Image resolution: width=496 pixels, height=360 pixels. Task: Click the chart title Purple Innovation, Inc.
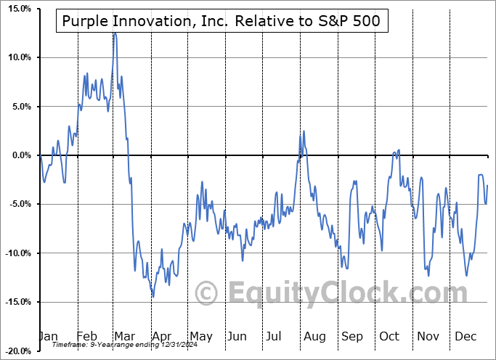pyautogui.click(x=222, y=22)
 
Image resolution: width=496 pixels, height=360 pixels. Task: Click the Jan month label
pyautogui.click(x=48, y=336)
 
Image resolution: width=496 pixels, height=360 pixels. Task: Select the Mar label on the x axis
pyautogui.click(x=124, y=336)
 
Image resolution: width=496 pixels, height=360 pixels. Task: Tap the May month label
pyautogui.click(x=200, y=336)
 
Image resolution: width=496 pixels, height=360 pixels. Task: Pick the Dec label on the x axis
pyautogui.click(x=465, y=336)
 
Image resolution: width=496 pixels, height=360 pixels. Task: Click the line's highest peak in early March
pyautogui.click(x=114, y=33)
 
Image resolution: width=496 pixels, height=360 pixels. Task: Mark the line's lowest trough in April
pyautogui.click(x=153, y=296)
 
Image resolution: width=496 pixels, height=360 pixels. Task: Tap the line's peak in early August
pyautogui.click(x=304, y=131)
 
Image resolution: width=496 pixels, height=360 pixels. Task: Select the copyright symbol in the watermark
pyautogui.click(x=208, y=292)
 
